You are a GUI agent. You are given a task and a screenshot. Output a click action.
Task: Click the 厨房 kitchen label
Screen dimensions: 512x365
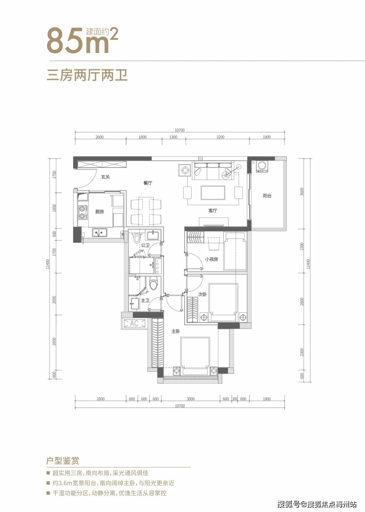pyautogui.click(x=99, y=212)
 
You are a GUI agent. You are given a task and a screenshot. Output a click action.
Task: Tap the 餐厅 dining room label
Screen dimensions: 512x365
pyautogui.click(x=148, y=183)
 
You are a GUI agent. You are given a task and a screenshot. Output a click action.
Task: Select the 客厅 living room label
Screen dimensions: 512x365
pyautogui.click(x=213, y=211)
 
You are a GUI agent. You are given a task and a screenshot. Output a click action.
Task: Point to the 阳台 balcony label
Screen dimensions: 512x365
pyautogui.click(x=267, y=196)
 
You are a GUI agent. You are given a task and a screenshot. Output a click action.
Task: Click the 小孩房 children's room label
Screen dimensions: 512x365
pyautogui.click(x=212, y=259)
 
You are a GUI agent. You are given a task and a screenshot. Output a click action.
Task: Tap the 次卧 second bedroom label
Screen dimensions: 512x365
pyautogui.click(x=202, y=295)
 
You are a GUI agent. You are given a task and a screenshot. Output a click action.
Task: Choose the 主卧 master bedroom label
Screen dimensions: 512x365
pyautogui.click(x=176, y=332)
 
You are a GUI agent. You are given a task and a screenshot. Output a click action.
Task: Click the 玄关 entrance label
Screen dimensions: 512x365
pyautogui.click(x=105, y=177)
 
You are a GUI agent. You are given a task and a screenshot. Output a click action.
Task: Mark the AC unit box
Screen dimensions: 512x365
pyautogui.click(x=134, y=323)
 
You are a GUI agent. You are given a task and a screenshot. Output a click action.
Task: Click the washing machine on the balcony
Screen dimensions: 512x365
pyautogui.click(x=262, y=166)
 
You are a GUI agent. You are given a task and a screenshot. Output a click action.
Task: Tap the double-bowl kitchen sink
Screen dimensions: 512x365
pyautogui.click(x=100, y=232)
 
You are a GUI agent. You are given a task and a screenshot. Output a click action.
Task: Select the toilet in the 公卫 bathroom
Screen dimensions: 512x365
pyautogui.click(x=137, y=238)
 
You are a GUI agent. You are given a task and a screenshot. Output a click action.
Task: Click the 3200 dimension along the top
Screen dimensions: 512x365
pyautogui.click(x=220, y=137)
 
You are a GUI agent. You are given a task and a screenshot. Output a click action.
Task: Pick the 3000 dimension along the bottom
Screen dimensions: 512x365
pyautogui.click(x=191, y=399)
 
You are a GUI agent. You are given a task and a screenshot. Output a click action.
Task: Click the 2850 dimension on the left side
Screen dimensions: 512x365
pyautogui.click(x=54, y=341)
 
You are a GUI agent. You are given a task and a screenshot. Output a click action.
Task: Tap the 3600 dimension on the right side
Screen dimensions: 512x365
pyautogui.click(x=302, y=191)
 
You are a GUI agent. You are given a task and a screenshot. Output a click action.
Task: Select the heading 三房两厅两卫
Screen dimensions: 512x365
pyautogui.click(x=87, y=75)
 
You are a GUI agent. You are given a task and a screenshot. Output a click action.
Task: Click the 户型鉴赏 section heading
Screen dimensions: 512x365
pyautogui.click(x=63, y=461)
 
